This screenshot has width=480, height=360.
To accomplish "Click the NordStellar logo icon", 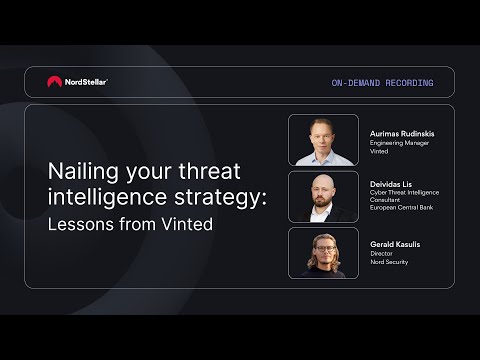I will coord(54,82).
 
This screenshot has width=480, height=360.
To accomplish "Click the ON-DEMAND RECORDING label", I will coord(382,83).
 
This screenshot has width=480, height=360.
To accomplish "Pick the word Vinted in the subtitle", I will coord(187,224).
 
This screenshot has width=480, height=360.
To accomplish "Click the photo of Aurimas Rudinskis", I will coord(323,140).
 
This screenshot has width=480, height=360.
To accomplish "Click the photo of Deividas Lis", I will coord(323,197).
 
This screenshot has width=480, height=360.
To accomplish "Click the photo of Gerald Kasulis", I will coord(323,253).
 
